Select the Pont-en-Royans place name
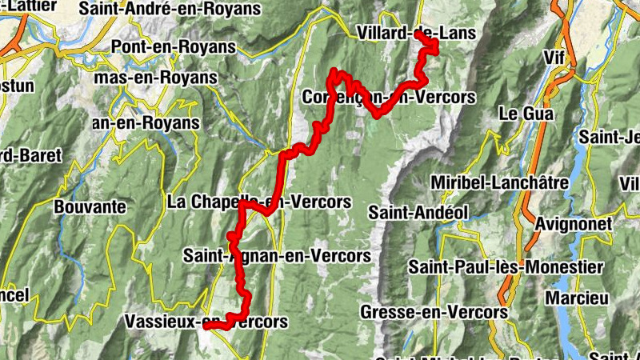point(175,46)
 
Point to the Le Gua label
point(526,114)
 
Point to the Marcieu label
point(573,298)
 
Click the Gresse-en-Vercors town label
point(434,311)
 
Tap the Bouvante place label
point(90,206)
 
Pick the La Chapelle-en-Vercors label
point(259,202)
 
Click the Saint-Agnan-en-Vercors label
point(277,256)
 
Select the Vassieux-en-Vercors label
point(206,322)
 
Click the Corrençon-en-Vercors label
point(390,97)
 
